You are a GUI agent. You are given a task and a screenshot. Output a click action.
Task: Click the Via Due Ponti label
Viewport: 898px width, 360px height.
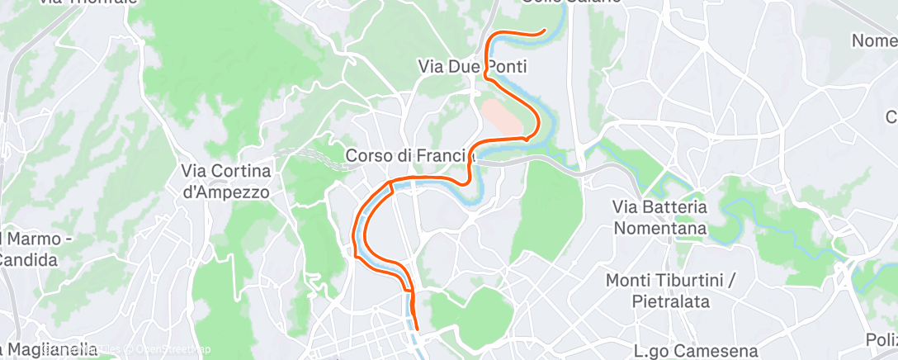coord(473,66)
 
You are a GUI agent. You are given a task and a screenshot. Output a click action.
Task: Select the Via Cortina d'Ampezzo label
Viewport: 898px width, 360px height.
coord(226,180)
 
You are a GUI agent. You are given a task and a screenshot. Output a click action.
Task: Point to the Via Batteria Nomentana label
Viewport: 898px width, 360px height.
coord(659,216)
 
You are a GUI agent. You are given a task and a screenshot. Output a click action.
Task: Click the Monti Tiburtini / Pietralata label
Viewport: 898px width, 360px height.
coord(669,291)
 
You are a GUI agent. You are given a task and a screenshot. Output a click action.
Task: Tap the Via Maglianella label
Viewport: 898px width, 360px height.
coord(48,349)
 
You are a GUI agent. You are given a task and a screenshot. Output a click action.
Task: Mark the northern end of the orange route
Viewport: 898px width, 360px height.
coord(544,31)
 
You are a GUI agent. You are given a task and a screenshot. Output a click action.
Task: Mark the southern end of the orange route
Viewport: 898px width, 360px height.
coord(414,328)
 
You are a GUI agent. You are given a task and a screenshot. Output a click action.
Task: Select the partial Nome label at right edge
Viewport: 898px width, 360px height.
coord(875,40)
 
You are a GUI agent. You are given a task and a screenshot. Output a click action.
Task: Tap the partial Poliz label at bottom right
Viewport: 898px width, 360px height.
coord(881,339)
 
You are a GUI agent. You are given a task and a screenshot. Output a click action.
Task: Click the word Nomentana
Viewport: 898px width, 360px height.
coord(659,227)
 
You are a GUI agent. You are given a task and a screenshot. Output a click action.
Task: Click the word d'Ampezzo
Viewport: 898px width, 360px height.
coord(226,190)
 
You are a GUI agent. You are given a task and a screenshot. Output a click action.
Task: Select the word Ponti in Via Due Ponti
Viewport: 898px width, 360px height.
coord(506,66)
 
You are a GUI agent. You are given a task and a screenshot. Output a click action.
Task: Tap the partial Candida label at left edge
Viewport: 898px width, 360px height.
coord(28,260)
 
